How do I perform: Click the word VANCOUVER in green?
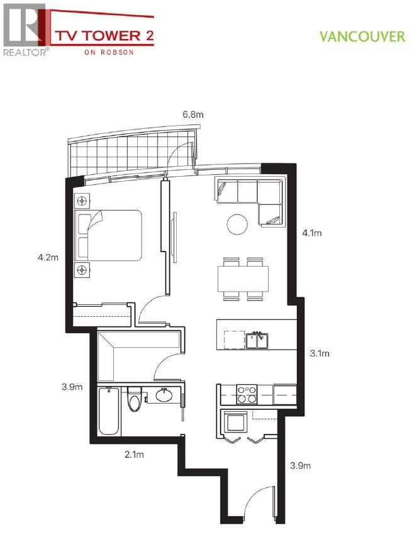tap(362, 36)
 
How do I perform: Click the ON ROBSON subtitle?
tap(108, 53)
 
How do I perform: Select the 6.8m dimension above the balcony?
tap(193, 114)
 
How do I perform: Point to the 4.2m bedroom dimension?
tap(48, 257)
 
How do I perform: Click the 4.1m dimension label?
tap(312, 233)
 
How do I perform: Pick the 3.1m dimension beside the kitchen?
tap(320, 353)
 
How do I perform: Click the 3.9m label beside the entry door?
tap(301, 466)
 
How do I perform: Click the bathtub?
tap(110, 411)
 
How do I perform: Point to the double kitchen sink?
tap(258, 340)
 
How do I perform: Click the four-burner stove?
tap(247, 394)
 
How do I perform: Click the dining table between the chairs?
tap(243, 277)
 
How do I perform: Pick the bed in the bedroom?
tap(108, 235)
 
